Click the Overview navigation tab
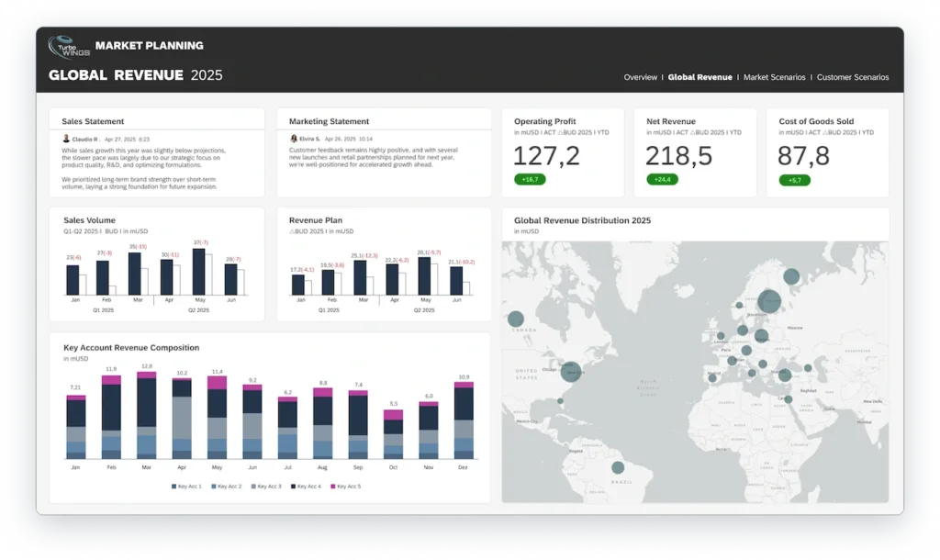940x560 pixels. [x=640, y=77]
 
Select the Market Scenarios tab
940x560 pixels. [x=774, y=77]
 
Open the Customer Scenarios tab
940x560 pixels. [x=853, y=77]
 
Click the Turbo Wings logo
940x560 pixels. [x=69, y=47]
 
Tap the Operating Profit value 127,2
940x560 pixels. [x=547, y=156]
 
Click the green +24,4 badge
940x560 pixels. [x=661, y=179]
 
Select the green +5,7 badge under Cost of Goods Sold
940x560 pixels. [x=794, y=179]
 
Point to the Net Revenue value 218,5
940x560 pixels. [x=678, y=156]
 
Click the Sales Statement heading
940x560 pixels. [x=93, y=121]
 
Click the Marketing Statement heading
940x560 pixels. [x=329, y=121]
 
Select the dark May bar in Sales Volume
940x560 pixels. [x=199, y=272]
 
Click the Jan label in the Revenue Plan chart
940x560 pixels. [x=298, y=300]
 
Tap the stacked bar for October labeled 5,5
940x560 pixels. [x=393, y=435]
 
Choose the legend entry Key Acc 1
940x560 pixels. [x=188, y=486]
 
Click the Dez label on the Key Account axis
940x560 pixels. [x=464, y=467]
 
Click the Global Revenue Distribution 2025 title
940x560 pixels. [x=582, y=220]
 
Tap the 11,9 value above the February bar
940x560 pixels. [x=111, y=369]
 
